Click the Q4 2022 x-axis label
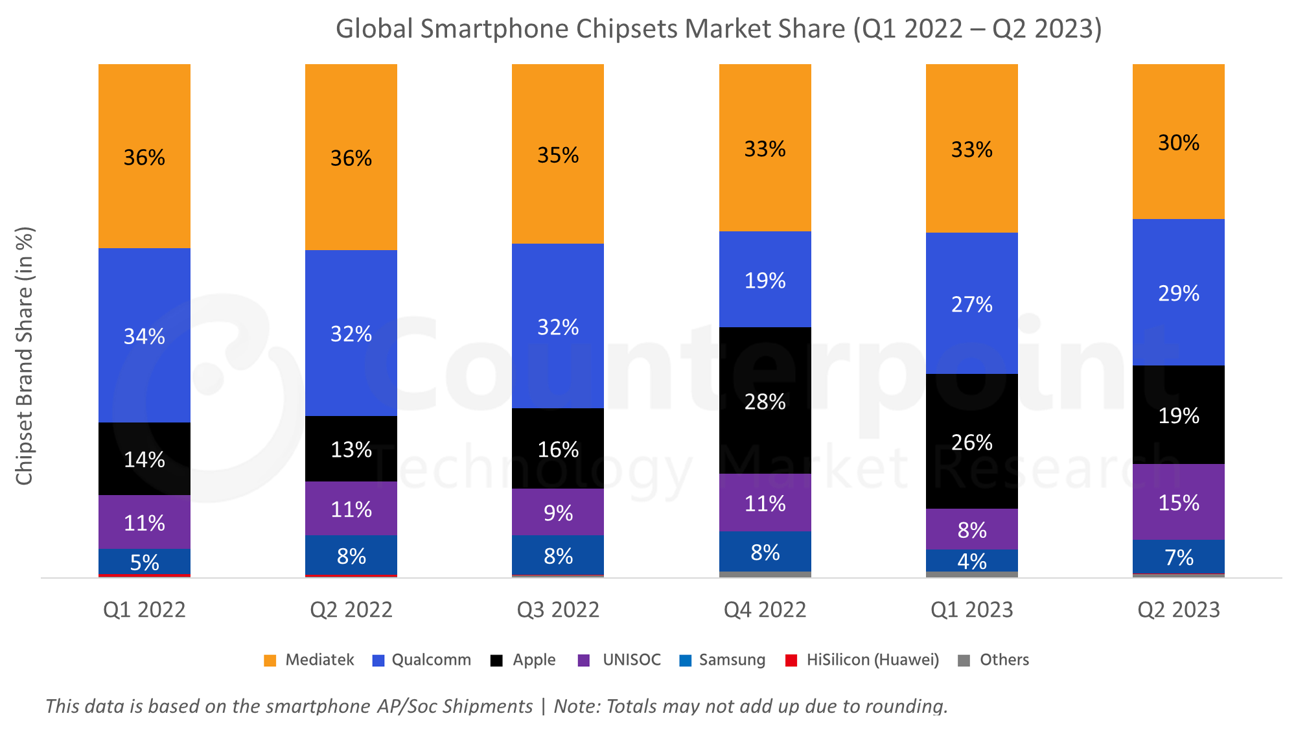[x=765, y=610]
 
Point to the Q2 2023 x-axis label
[x=1179, y=610]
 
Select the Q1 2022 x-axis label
[x=144, y=610]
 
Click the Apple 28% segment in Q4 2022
[x=765, y=402]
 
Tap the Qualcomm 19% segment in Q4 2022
[x=765, y=280]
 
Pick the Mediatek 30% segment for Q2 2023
[x=1179, y=143]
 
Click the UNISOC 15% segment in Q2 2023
[x=1179, y=503]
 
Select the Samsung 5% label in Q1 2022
[x=144, y=562]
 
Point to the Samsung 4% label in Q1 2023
[x=971, y=561]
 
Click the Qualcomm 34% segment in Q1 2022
[x=144, y=336]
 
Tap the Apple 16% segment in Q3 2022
[x=558, y=449]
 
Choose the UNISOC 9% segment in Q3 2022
[x=558, y=513]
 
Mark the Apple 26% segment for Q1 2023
[x=971, y=442]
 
